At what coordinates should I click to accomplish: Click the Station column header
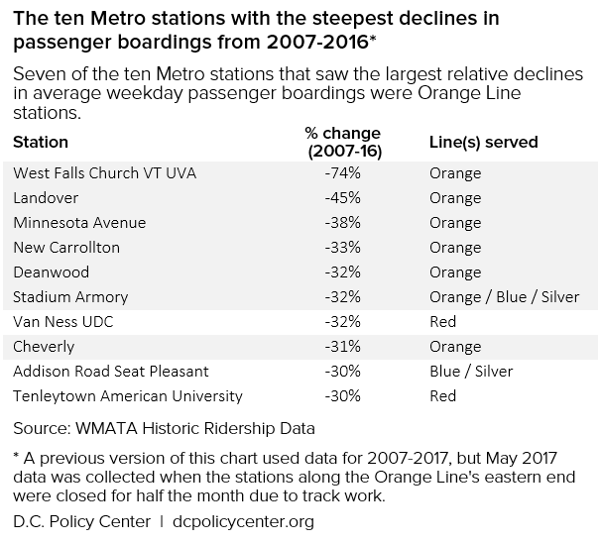tap(41, 142)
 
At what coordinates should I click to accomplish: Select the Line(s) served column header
tap(483, 142)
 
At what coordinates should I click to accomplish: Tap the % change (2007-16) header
tap(342, 142)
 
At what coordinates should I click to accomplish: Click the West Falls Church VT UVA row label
tap(104, 173)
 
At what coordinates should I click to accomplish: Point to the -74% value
tap(342, 173)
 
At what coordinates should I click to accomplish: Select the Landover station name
tap(46, 198)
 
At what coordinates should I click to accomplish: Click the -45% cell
tap(342, 198)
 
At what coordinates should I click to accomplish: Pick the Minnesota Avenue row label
tap(79, 223)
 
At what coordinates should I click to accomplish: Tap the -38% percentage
tap(342, 223)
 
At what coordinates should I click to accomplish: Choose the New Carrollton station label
tap(66, 248)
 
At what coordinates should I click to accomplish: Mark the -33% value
tap(342, 248)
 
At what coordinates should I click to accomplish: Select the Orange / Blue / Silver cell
tap(502, 297)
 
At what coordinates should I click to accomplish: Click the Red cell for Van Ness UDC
tap(442, 322)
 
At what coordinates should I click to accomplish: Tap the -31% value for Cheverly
tap(342, 347)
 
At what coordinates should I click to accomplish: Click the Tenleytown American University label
tap(128, 396)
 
